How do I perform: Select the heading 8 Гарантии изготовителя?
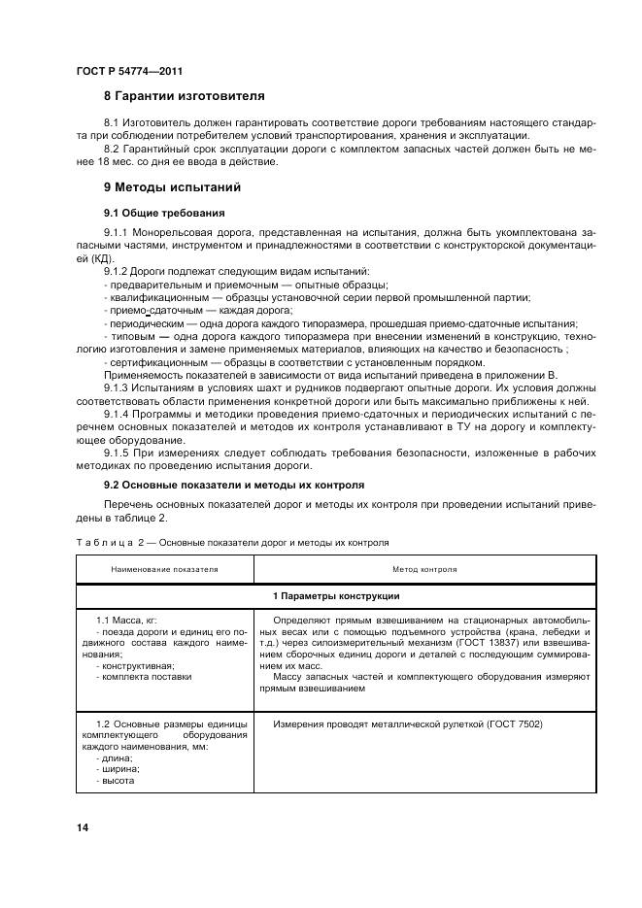point(183,96)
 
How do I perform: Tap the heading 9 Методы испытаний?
point(173,186)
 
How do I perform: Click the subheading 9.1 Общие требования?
point(164,212)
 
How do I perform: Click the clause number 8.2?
point(113,148)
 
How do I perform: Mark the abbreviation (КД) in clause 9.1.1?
point(88,260)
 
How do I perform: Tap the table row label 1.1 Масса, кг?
point(133,619)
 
